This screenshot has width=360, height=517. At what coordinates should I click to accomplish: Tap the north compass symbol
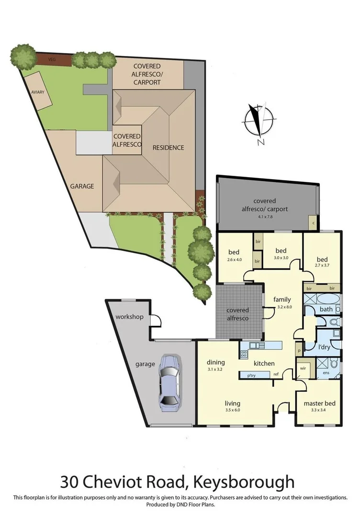pyautogui.click(x=259, y=120)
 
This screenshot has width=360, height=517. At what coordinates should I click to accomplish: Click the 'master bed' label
pyautogui.click(x=319, y=404)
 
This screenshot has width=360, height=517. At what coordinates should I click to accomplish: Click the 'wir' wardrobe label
pyautogui.click(x=303, y=368)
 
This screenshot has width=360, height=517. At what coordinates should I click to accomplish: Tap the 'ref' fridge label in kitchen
pyautogui.click(x=276, y=374)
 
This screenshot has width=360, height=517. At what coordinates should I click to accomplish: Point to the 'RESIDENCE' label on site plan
pyautogui.click(x=168, y=147)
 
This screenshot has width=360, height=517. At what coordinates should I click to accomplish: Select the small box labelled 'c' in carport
pyautogui.click(x=313, y=222)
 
